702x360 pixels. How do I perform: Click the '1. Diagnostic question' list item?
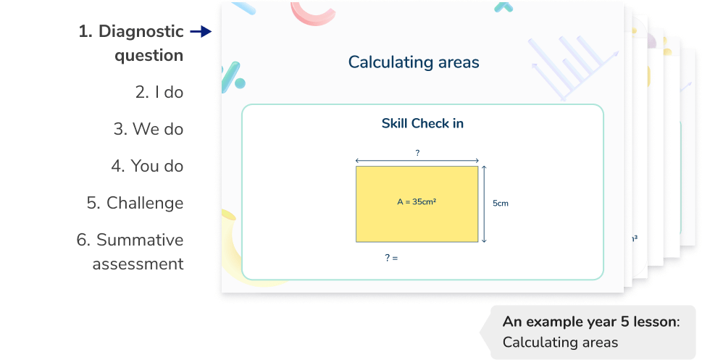(x=131, y=43)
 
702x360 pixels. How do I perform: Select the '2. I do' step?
(x=159, y=92)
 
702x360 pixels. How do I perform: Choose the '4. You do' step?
(x=147, y=166)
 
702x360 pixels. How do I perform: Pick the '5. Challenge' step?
(x=135, y=203)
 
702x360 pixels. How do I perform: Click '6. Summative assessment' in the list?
(x=130, y=251)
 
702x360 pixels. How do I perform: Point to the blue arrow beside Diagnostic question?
(x=199, y=32)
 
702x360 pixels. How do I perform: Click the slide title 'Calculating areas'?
(x=414, y=62)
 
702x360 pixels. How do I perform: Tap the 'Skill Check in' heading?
(x=422, y=123)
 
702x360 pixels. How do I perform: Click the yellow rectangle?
(x=417, y=221)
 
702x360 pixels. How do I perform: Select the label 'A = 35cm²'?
(x=417, y=203)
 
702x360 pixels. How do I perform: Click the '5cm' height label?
(x=501, y=204)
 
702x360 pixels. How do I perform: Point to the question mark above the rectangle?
(x=417, y=153)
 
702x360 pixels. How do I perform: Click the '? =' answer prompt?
(x=392, y=257)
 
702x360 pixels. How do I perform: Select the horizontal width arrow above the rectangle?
(x=417, y=161)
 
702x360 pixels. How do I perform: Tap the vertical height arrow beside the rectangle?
(x=484, y=204)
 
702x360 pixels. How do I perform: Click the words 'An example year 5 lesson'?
(x=590, y=322)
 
